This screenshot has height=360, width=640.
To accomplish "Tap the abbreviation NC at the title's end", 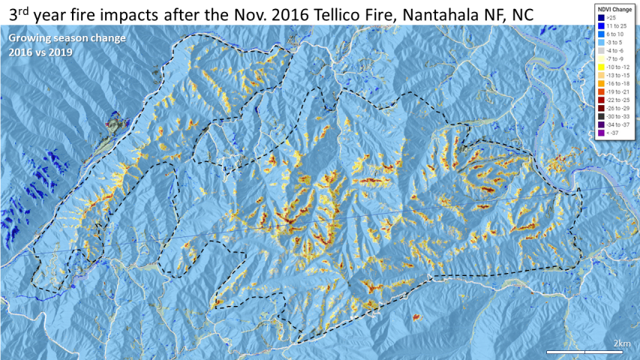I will [523, 14].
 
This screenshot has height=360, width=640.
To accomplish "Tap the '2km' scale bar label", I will [621, 343].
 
